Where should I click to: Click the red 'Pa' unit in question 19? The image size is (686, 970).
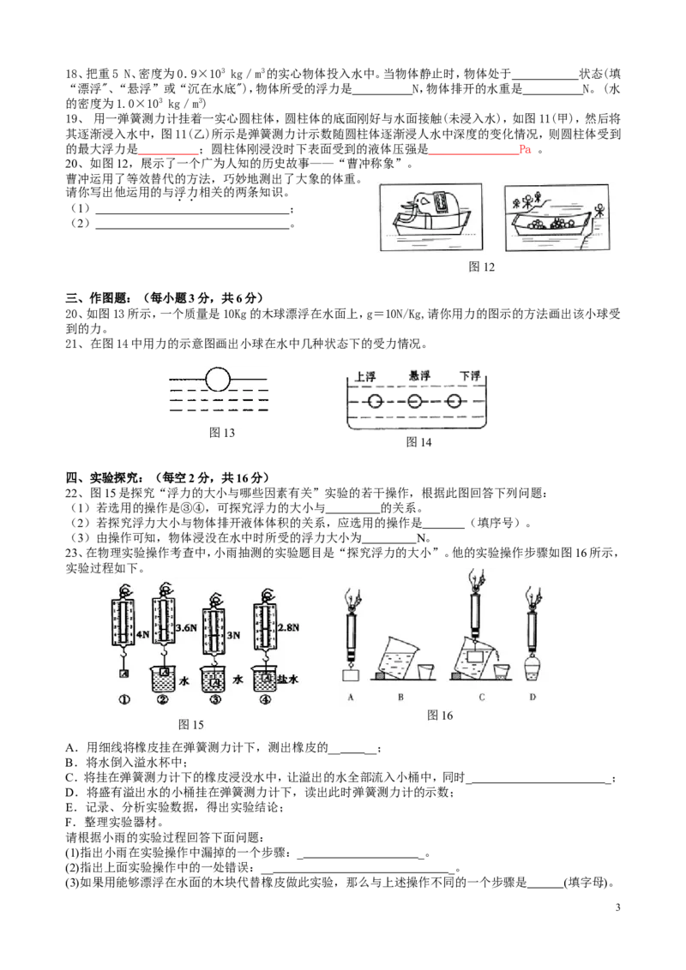(525, 149)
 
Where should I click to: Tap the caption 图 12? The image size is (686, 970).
(481, 266)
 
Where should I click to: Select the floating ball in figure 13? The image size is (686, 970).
(217, 379)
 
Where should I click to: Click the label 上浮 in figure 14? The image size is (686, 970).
(365, 377)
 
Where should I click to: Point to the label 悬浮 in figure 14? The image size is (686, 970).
(420, 375)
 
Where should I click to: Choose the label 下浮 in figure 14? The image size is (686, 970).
(470, 375)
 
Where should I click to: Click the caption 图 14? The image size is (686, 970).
(418, 441)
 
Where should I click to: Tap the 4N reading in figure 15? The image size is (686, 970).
(142, 634)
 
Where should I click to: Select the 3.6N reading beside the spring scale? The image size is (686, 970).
(186, 628)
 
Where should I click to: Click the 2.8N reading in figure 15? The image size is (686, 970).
(288, 627)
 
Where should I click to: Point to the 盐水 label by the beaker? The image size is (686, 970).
(287, 680)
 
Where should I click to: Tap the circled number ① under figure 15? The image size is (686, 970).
(124, 700)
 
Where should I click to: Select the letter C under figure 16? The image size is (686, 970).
(482, 698)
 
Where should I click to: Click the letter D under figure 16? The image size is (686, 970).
(533, 698)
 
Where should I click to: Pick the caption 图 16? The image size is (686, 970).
(440, 716)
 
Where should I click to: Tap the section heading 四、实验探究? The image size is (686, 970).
(104, 477)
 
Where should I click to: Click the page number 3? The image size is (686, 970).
(617, 907)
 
